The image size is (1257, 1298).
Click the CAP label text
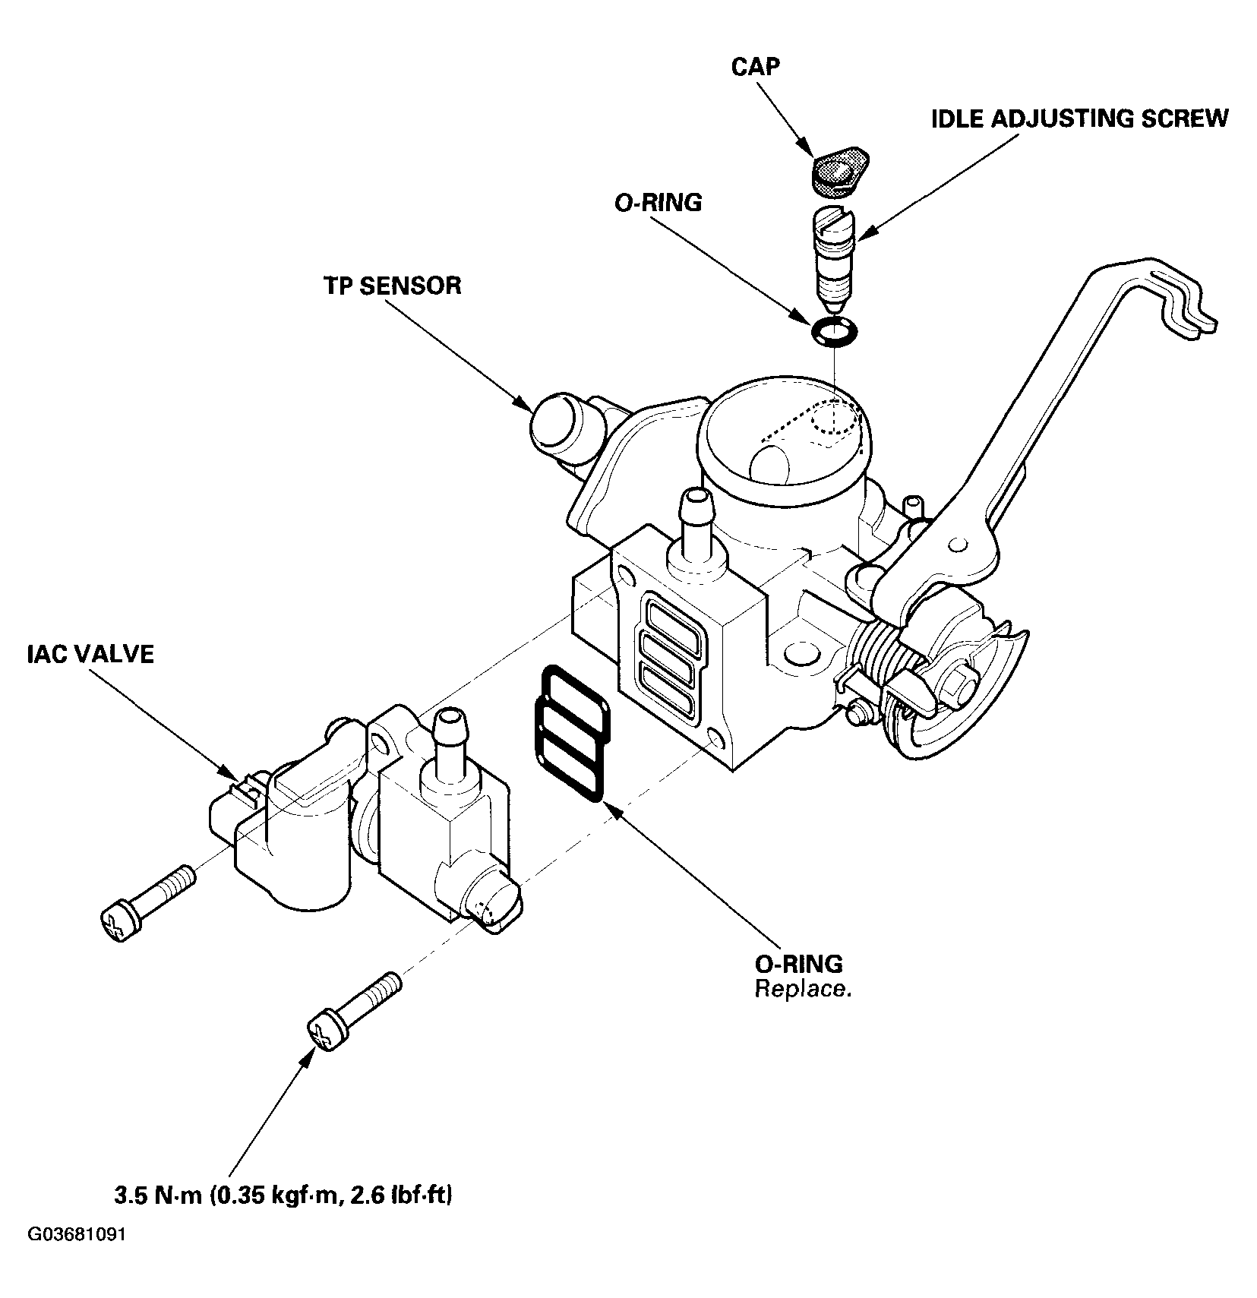(755, 66)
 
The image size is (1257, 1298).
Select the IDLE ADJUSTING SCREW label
(1079, 118)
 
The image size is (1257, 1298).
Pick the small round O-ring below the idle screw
(834, 332)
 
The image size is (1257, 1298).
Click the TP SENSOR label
(392, 286)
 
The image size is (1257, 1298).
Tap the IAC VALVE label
(87, 654)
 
